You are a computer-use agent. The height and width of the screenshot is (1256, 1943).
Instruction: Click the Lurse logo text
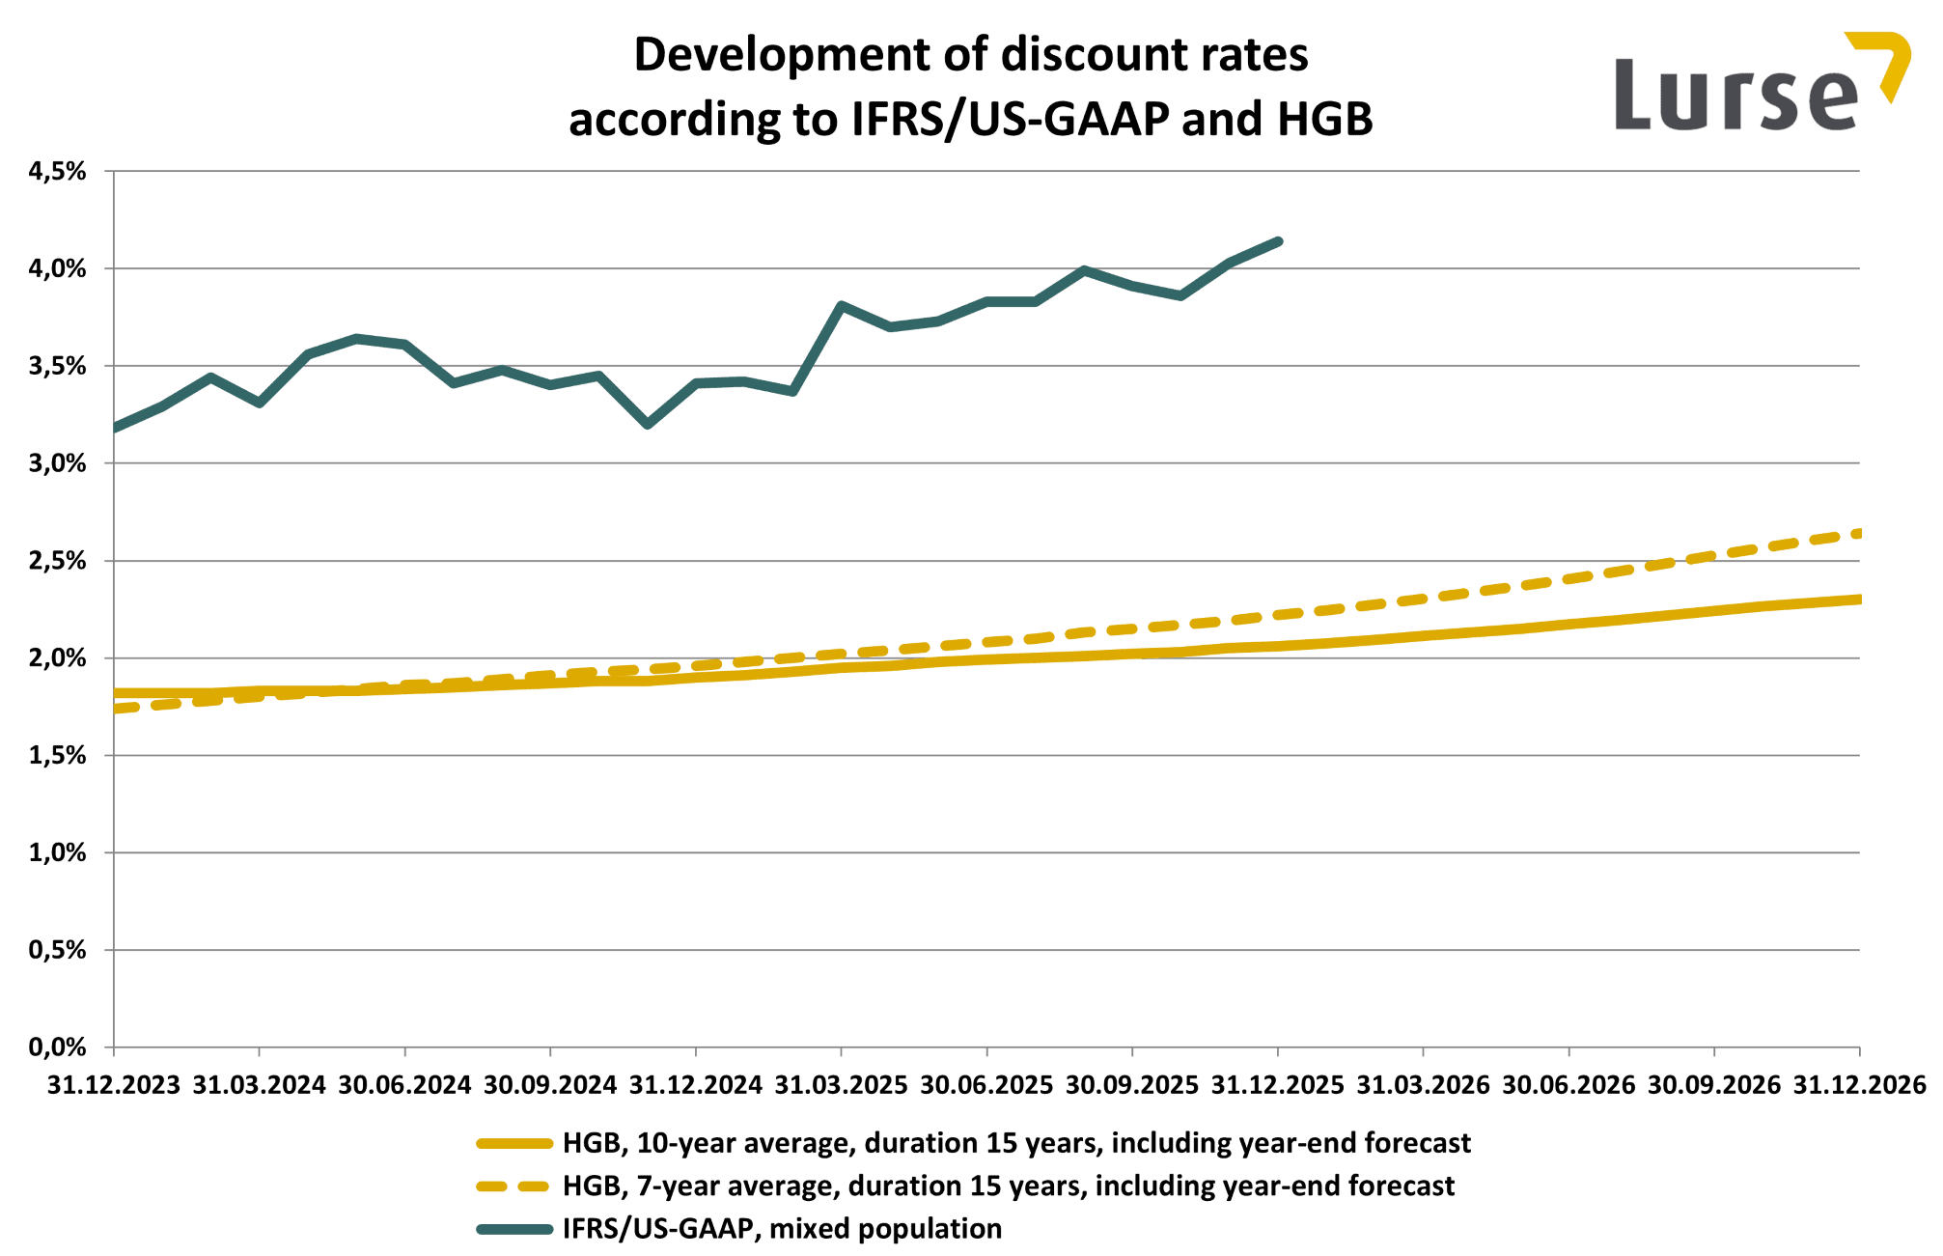[1735, 95]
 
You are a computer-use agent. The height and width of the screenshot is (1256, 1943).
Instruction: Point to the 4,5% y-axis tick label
[58, 172]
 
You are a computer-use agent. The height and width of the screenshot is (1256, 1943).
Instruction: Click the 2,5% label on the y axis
[58, 561]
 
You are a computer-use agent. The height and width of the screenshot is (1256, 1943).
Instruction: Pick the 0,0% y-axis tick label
[58, 1047]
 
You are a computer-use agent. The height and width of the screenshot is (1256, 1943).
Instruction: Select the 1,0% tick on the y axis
[58, 852]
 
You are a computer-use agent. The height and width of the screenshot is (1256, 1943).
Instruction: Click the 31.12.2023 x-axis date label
[114, 1086]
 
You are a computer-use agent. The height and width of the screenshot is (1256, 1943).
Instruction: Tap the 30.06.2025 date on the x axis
[986, 1086]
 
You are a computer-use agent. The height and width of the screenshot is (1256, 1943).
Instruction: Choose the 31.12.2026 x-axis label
[1859, 1086]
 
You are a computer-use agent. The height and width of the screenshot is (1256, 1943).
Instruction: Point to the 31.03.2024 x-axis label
[259, 1086]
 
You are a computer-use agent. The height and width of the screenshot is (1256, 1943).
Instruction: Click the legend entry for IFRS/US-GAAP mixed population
[782, 1229]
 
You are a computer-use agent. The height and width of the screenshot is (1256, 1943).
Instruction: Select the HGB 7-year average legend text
[1008, 1186]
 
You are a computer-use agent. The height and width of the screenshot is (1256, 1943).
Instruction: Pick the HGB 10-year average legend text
[1015, 1143]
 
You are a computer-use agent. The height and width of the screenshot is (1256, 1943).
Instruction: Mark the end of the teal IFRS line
[1278, 241]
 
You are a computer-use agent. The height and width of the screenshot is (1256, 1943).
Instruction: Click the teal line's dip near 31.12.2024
[648, 424]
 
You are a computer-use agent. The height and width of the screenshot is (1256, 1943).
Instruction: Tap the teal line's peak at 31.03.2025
[842, 306]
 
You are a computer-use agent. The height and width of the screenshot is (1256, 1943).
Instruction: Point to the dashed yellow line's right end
[1857, 533]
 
